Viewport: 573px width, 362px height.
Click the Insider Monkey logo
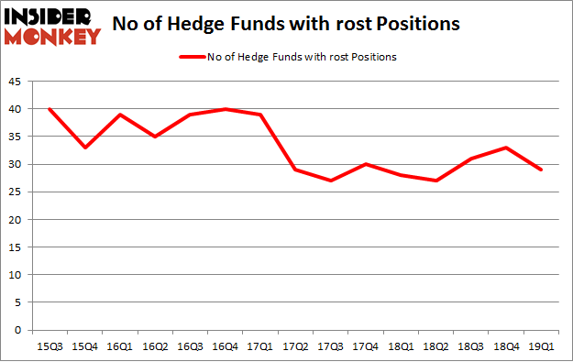click(x=52, y=26)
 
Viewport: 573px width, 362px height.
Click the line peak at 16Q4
click(x=225, y=109)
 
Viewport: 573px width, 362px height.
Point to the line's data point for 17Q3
click(x=330, y=181)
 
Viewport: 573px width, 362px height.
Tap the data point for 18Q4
click(x=506, y=148)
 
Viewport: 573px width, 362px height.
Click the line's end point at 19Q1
click(x=541, y=170)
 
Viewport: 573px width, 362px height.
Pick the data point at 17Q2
click(x=294, y=170)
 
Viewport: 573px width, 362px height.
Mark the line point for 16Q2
click(x=154, y=137)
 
